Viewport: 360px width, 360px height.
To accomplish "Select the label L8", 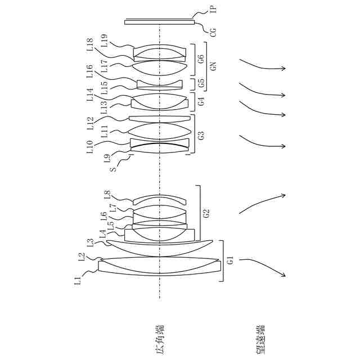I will point(108,195).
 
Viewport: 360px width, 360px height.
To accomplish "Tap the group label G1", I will point(229,260).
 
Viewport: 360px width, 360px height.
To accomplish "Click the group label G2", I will point(206,213).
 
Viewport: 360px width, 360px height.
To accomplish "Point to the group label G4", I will point(200,101).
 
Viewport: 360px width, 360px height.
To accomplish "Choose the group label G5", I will point(200,84).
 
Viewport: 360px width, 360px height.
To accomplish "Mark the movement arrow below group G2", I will point(262,202).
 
